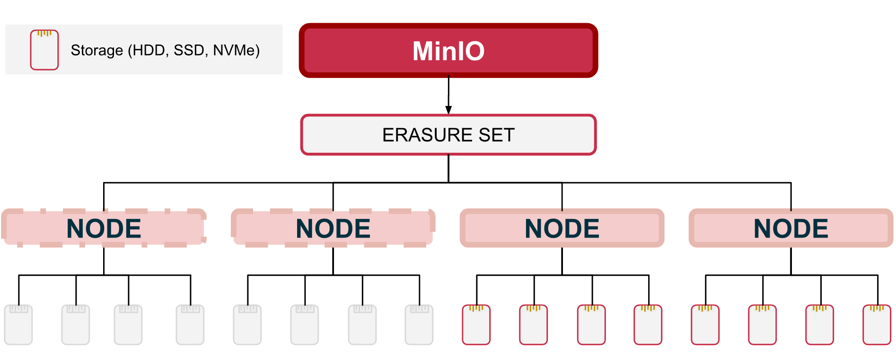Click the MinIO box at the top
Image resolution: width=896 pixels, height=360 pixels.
coord(448,51)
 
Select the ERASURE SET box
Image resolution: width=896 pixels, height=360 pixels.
coord(448,135)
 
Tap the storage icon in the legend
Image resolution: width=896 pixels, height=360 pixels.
coord(44,50)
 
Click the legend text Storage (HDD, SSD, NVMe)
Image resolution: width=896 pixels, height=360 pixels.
coord(165,50)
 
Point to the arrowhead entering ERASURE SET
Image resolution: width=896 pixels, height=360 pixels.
coord(448,110)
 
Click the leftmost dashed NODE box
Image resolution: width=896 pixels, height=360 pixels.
coord(104,228)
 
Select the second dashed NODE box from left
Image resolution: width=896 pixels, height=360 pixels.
coord(333,228)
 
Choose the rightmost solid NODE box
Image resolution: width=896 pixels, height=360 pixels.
coord(791,228)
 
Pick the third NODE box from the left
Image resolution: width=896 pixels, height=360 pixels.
coord(562,228)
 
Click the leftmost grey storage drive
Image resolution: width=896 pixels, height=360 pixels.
coord(18,325)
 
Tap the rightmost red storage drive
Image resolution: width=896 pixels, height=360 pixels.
coord(877,325)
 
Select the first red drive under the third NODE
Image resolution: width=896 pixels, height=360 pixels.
coord(476,325)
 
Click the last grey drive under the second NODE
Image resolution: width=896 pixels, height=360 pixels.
coord(419,325)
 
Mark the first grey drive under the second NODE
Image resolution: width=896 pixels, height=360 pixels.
coord(247,325)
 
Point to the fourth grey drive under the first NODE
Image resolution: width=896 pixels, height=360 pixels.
coord(190,325)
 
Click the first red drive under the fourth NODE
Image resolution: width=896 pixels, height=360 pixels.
coord(705,325)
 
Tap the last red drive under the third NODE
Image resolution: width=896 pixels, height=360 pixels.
coord(648,325)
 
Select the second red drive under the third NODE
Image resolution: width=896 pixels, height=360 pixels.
coord(534,325)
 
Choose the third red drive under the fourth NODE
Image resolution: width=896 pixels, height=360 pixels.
coord(820,325)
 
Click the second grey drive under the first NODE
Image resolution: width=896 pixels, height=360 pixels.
coord(76,325)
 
